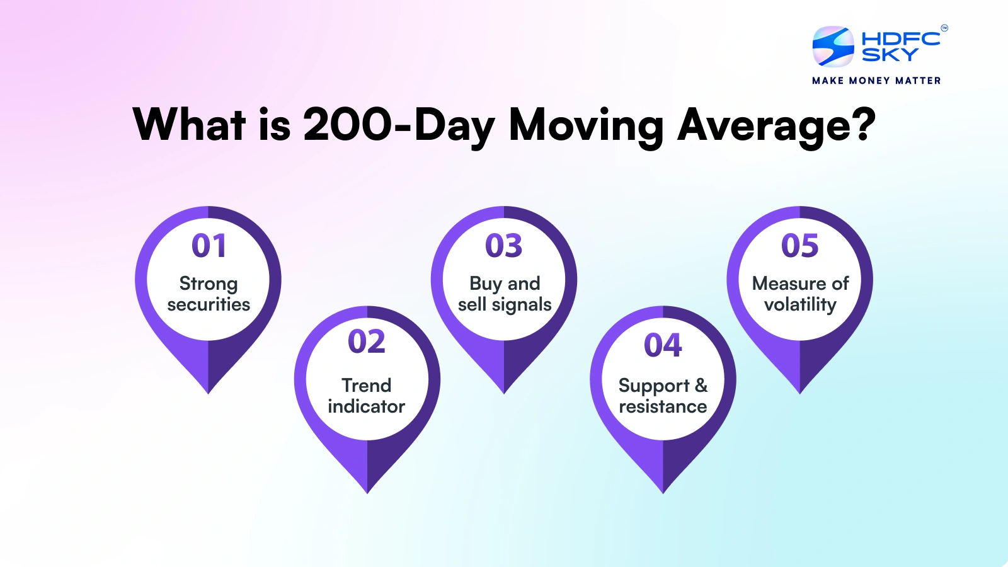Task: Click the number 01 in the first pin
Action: pos(209,246)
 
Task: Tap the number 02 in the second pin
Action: pos(367,342)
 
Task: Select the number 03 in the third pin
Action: pos(504,246)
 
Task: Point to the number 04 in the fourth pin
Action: pos(663,345)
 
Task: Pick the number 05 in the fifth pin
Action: pos(800,246)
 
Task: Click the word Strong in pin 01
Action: pos(209,284)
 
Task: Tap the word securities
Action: pos(209,305)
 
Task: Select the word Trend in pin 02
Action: pos(367,385)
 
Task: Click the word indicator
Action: pos(367,406)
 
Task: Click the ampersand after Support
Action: pos(701,385)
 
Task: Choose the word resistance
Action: pos(663,406)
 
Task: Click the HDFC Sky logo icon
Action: pos(833,47)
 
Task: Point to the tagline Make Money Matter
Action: pos(876,81)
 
